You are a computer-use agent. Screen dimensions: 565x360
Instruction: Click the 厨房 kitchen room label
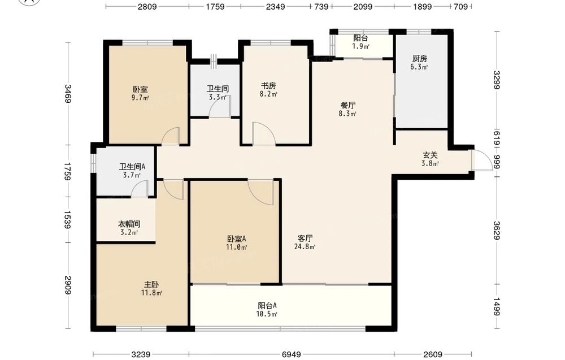point(419,58)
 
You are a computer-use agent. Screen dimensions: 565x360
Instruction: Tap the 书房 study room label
point(268,86)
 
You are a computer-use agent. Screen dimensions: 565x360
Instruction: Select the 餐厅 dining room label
point(348,105)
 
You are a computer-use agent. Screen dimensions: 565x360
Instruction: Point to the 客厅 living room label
point(305,238)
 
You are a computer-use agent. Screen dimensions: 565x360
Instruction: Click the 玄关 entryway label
point(430,155)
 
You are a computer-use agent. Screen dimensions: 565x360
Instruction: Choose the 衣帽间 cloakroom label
point(129,224)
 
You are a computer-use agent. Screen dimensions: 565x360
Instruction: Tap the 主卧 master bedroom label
point(151,284)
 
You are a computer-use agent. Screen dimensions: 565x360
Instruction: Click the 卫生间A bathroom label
point(132,167)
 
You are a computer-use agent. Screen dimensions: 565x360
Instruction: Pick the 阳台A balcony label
point(267,306)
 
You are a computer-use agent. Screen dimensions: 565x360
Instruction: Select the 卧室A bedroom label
point(236,238)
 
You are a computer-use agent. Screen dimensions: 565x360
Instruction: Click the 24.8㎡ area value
point(305,247)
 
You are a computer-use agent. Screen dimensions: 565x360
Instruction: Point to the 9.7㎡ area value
point(140,98)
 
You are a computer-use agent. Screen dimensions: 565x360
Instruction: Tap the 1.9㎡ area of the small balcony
point(360,46)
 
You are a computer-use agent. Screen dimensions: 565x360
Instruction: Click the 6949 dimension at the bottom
point(291,354)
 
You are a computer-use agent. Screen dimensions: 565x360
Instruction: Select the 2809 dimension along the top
point(147,6)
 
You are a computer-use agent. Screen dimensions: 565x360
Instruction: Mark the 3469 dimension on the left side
point(68,93)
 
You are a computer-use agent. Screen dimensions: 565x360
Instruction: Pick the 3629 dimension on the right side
point(497,230)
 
